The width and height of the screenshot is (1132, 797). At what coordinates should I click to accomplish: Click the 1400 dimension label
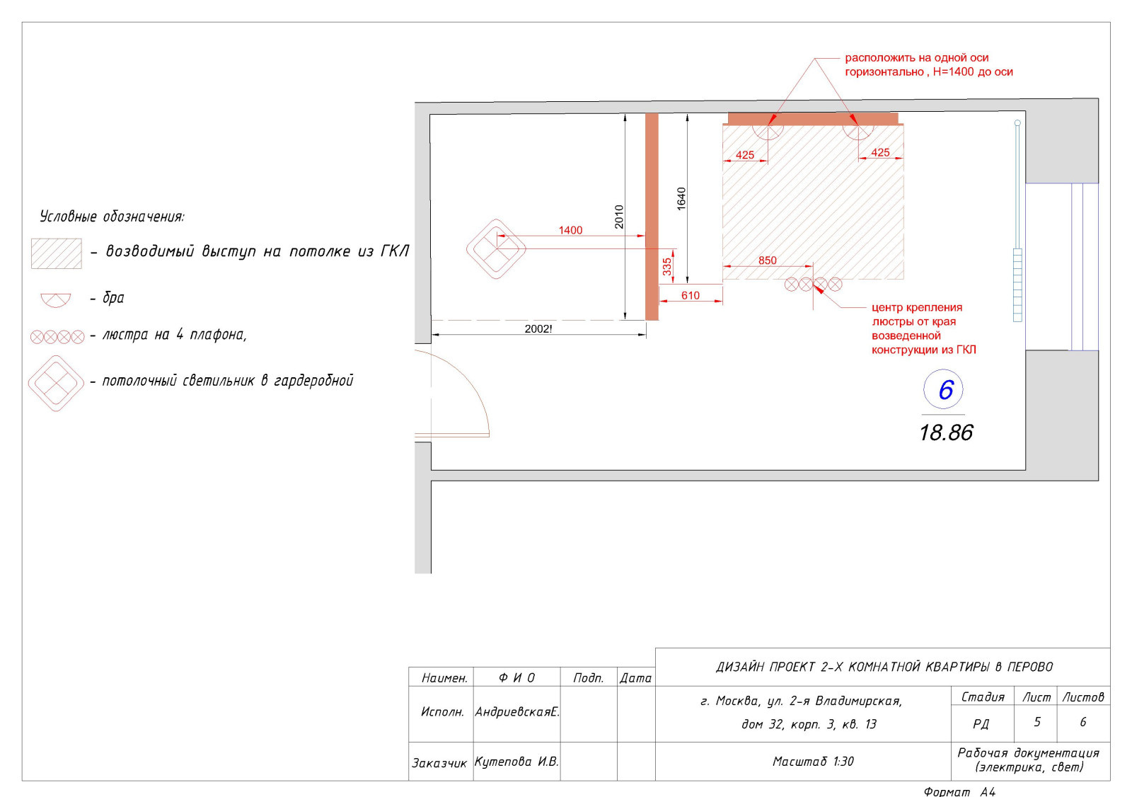(x=570, y=230)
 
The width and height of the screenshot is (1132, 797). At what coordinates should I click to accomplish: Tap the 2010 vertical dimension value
(x=619, y=217)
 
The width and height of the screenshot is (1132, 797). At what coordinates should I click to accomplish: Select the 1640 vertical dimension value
(x=681, y=199)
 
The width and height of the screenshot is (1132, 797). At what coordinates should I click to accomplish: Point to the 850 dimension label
(x=767, y=260)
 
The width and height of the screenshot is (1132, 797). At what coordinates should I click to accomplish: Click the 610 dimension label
(x=691, y=295)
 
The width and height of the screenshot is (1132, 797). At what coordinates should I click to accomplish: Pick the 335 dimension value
(x=667, y=267)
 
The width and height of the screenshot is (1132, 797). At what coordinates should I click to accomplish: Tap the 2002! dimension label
(x=538, y=328)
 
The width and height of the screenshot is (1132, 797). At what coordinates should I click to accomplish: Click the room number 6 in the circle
(x=945, y=390)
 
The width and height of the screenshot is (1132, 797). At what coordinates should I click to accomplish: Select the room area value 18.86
(x=945, y=433)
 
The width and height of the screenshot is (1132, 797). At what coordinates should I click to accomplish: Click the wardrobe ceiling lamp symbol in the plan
(x=496, y=249)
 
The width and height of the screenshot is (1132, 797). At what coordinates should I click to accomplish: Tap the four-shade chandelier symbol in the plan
(x=813, y=285)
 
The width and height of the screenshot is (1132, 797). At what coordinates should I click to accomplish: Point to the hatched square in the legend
(x=56, y=253)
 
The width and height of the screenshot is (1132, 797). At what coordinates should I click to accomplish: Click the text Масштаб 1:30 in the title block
(x=813, y=761)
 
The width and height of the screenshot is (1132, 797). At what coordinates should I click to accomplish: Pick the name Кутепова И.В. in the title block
(x=516, y=762)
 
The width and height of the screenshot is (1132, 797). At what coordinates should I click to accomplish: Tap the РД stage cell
(x=981, y=723)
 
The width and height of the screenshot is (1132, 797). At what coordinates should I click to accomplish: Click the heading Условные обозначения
(x=112, y=217)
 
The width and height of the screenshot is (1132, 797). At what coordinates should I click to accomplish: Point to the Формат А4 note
(x=959, y=791)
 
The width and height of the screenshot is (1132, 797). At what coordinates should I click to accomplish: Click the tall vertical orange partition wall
(x=652, y=217)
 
